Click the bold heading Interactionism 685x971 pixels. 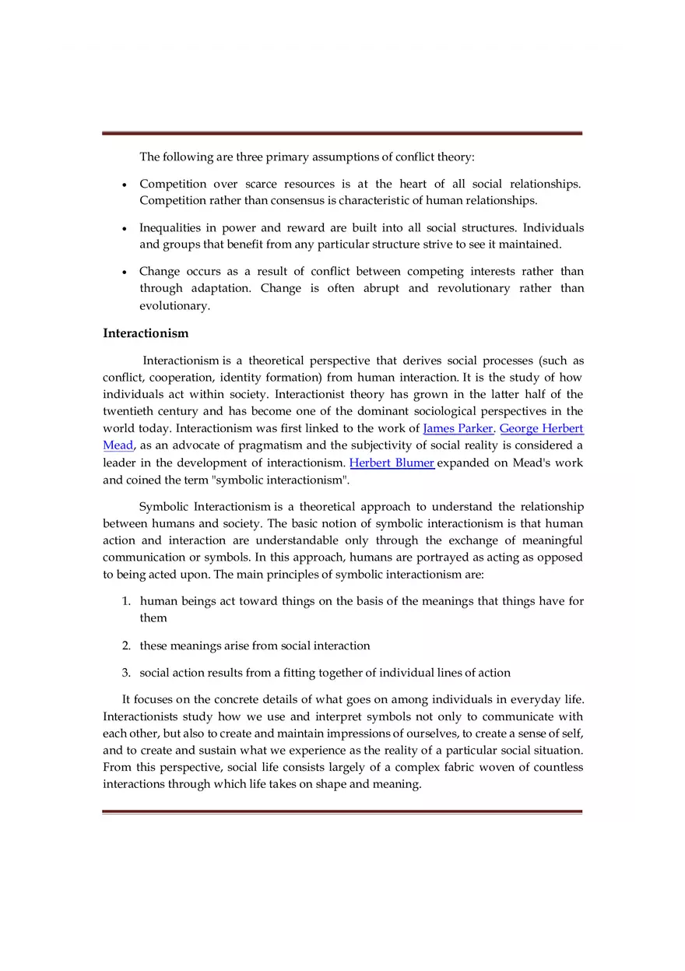146,333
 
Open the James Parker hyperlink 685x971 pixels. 458,428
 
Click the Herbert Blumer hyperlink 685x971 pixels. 392,463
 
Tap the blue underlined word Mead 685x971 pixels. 118,445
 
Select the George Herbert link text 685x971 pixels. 541,428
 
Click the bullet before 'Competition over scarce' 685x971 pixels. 125,185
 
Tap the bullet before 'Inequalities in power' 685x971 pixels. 125,229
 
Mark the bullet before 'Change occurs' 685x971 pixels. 125,273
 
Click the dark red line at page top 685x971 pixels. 342,133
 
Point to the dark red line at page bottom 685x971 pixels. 342,811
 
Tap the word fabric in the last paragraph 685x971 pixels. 444,767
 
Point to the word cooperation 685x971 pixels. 175,378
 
